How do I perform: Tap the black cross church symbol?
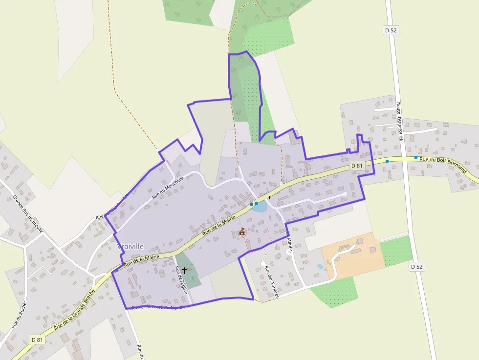184,270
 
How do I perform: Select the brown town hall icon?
241,232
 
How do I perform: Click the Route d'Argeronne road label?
399,121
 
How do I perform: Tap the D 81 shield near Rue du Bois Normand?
357,166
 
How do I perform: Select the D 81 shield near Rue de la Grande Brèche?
37,339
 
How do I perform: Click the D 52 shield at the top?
391,30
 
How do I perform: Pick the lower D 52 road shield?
416,267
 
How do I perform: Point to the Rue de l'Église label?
181,279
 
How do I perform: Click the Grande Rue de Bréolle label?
28,215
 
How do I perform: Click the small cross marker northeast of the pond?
269,197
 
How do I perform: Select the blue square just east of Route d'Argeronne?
416,158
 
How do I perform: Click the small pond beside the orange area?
320,267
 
